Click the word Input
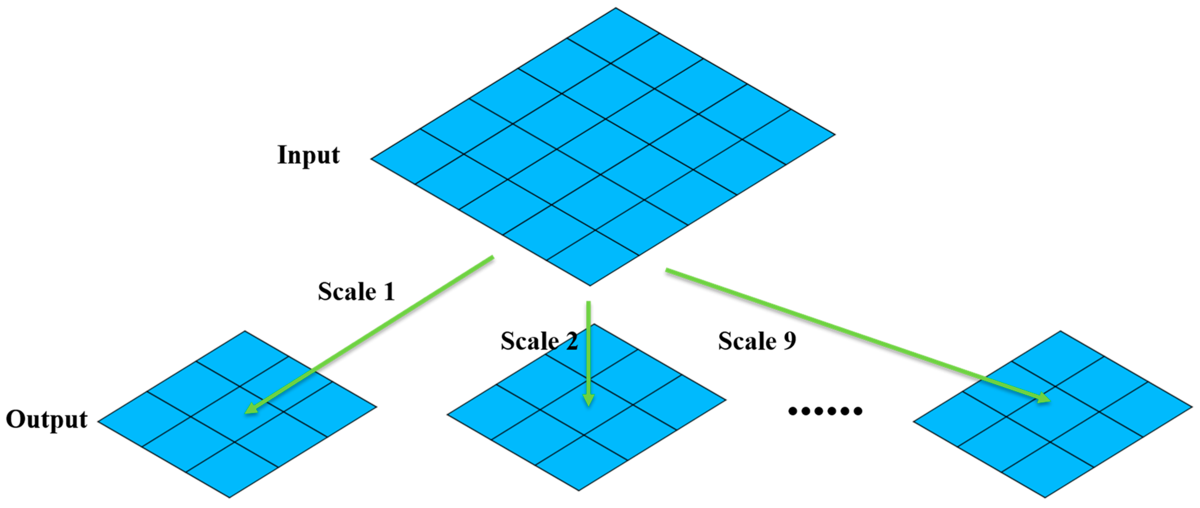click(x=308, y=155)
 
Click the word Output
click(x=47, y=419)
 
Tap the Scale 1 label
click(x=356, y=292)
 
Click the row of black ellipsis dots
click(x=825, y=411)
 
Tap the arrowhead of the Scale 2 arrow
click(x=589, y=401)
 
